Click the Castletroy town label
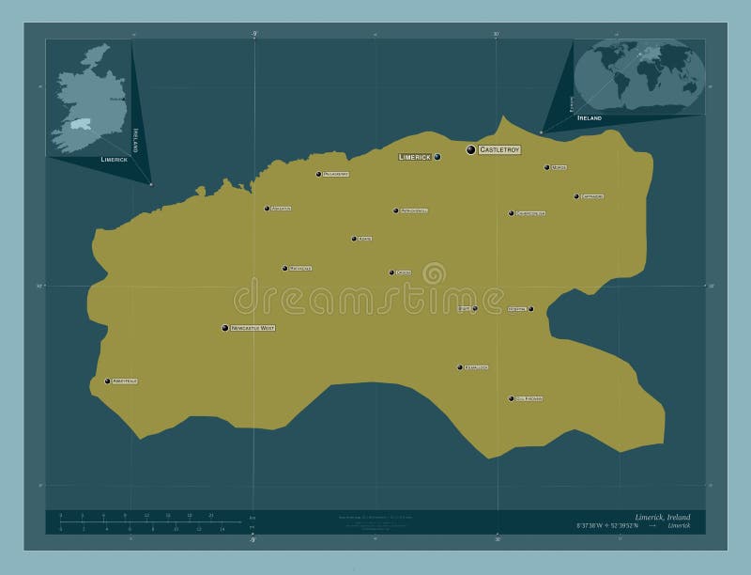(499, 150)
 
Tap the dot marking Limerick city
(437, 157)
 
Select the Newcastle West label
(253, 328)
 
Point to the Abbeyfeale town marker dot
(107, 381)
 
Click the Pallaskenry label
(336, 174)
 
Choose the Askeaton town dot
(267, 209)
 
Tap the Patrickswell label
(414, 210)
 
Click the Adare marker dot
(354, 239)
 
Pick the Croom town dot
(391, 272)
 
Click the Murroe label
(559, 168)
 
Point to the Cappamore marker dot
(576, 196)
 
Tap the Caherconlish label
(530, 213)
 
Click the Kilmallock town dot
(459, 367)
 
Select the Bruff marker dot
(475, 308)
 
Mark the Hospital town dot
(531, 308)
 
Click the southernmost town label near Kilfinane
(529, 399)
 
